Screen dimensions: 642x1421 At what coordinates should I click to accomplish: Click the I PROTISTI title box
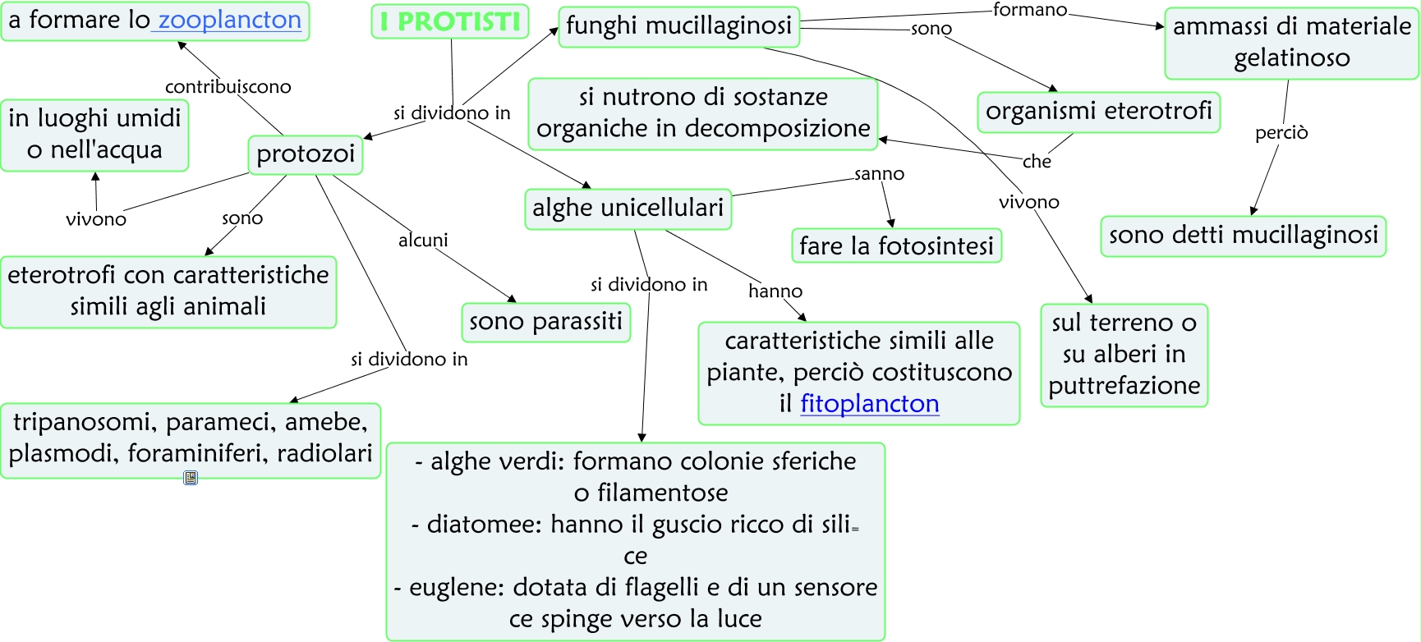[x=450, y=21]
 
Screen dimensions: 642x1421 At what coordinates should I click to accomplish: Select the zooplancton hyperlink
[x=229, y=20]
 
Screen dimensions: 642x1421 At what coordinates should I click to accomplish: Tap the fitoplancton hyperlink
[x=869, y=404]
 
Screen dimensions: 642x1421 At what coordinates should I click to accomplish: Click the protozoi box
[x=306, y=154]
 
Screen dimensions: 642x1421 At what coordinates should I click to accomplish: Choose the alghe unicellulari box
[x=628, y=209]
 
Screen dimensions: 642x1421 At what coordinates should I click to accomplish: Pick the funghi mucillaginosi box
[x=678, y=26]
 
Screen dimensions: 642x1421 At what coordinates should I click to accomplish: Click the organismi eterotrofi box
[x=1098, y=112]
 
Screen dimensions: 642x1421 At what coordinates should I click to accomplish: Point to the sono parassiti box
[x=545, y=322]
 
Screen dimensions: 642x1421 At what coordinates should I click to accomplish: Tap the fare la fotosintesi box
[x=896, y=246]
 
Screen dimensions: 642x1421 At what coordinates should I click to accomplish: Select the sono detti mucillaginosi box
[x=1243, y=236]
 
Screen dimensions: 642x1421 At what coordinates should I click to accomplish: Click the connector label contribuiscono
[x=228, y=87]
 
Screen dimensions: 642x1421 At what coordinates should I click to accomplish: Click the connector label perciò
[x=1281, y=133]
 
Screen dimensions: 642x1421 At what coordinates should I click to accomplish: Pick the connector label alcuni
[x=423, y=241]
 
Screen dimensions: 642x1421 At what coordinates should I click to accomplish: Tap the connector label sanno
[x=879, y=174]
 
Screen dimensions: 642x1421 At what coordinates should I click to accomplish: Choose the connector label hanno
[x=775, y=291]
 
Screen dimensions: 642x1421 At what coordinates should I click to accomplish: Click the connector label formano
[x=1029, y=11]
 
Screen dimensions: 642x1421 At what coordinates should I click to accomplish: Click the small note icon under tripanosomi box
[x=191, y=478]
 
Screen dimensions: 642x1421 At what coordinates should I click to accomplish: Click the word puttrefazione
[x=1124, y=386]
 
